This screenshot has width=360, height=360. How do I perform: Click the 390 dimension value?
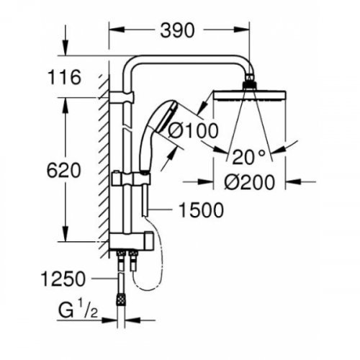point(177,30)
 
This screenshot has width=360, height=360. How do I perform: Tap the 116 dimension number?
point(64,77)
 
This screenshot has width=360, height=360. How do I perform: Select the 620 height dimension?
point(63,170)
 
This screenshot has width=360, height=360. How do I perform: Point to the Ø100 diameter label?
point(193,131)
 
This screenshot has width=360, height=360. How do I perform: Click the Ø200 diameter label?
point(249,182)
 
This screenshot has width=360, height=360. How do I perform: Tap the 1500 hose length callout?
point(202,210)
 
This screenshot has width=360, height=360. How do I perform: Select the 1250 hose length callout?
point(63,279)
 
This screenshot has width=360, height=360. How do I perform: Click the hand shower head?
point(163,117)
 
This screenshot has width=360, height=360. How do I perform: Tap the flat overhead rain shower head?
point(250,95)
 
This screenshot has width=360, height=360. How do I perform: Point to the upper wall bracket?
point(122,97)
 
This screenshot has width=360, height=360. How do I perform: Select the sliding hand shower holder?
point(131,179)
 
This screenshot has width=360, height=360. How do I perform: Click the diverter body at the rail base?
point(131,240)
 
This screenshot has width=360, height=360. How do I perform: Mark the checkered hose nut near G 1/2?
point(121,300)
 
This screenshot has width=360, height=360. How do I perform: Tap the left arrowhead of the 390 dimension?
point(117,30)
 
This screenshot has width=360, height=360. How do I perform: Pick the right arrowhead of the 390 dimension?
point(242,30)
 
